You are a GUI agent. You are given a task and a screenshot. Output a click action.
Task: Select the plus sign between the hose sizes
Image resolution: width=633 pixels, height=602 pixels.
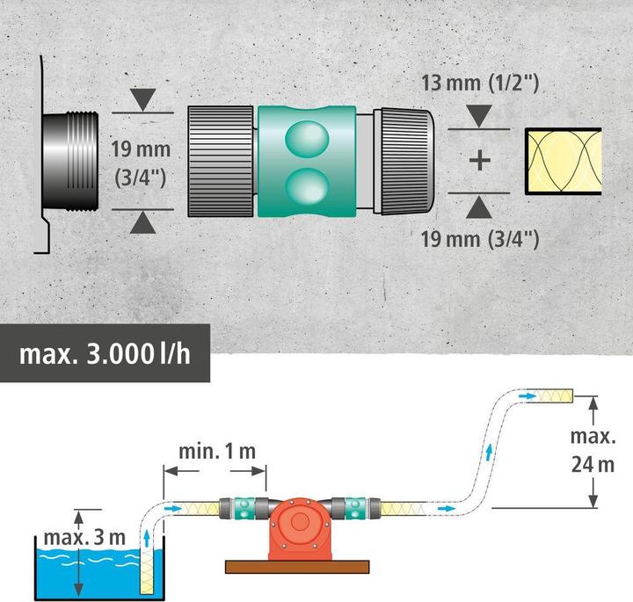(479, 161)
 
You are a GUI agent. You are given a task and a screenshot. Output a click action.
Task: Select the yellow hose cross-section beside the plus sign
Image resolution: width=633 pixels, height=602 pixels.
(563, 161)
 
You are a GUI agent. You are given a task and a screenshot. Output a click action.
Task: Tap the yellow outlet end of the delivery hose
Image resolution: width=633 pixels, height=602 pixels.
(557, 397)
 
